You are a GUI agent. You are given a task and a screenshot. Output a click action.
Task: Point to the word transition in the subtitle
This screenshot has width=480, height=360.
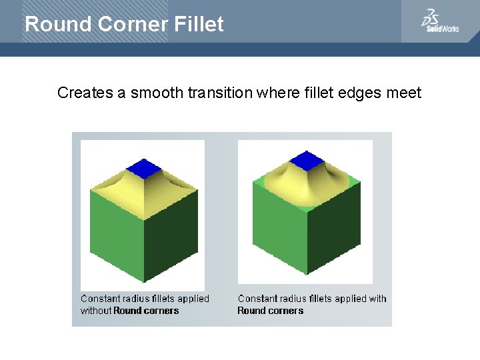click(219, 93)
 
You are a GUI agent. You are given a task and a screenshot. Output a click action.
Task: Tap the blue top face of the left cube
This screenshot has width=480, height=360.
click(143, 167)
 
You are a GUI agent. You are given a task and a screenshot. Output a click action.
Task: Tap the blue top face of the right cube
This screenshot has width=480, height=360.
click(306, 160)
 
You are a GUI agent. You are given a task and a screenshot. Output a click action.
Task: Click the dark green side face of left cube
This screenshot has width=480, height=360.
click(170, 233)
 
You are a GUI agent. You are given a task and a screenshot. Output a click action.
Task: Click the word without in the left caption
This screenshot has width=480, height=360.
click(96, 311)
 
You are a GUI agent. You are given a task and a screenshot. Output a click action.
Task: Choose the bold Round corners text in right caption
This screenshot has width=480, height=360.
click(270, 311)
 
